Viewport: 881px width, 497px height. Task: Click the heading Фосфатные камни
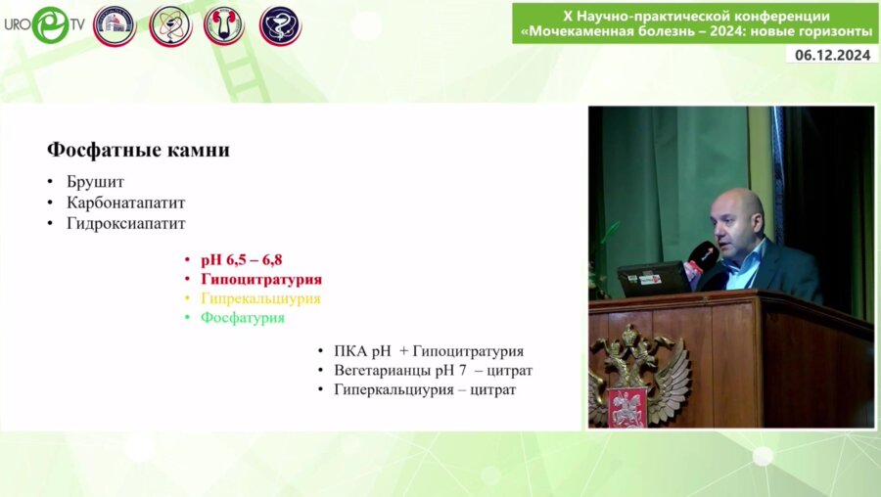[x=138, y=150]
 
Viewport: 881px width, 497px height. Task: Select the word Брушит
[x=95, y=182]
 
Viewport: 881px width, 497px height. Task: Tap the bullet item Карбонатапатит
[x=126, y=203]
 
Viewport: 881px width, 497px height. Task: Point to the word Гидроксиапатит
[x=126, y=223]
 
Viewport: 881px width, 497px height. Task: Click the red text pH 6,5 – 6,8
[x=242, y=260]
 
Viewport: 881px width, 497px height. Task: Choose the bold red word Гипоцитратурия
[x=261, y=279]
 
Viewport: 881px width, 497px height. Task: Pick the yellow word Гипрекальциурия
[x=260, y=298]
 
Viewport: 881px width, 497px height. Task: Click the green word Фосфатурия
[x=243, y=317]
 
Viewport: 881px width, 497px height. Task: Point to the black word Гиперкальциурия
[x=394, y=389]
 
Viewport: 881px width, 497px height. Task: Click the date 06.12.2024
[x=833, y=55]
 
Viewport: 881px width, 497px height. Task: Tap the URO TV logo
[x=45, y=24]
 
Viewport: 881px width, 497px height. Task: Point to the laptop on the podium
[x=654, y=279]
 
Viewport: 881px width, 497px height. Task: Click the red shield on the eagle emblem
[x=627, y=407]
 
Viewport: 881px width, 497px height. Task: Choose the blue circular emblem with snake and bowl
[x=280, y=26]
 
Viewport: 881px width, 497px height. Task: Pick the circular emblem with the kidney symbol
[x=224, y=26]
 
